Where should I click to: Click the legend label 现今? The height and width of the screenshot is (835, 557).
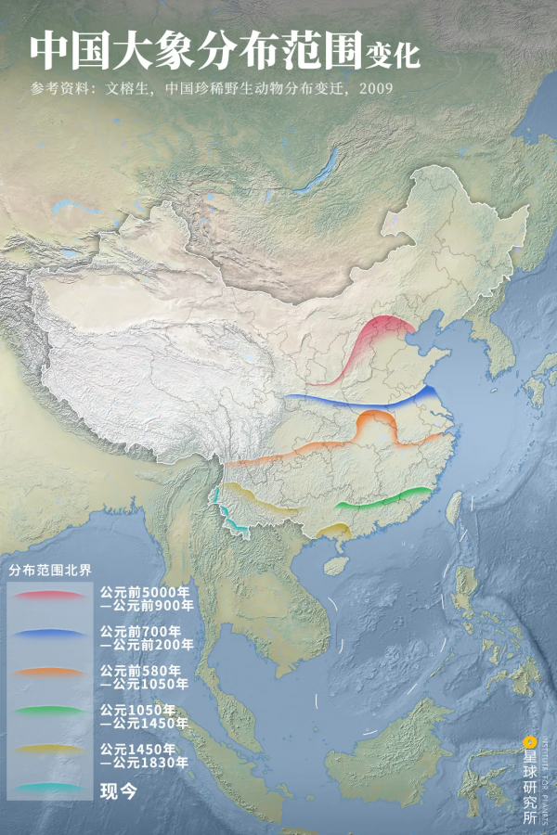(118, 790)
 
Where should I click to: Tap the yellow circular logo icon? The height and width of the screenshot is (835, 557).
(530, 741)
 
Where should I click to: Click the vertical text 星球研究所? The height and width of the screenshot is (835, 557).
(530, 784)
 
